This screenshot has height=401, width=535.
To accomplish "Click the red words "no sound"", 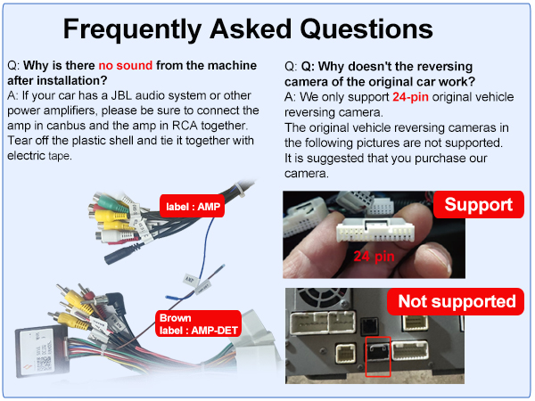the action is (126, 65).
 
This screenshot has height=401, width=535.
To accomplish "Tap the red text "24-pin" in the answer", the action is (410, 97).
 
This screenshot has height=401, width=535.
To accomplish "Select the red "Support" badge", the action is (478, 205).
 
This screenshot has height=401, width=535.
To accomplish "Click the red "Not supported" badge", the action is (457, 301).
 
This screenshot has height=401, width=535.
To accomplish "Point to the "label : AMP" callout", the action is (193, 207).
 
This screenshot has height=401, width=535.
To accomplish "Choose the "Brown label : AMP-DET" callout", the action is (198, 324).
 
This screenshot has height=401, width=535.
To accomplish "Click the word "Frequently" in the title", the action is (132, 30).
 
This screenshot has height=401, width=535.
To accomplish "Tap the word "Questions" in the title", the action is (366, 29).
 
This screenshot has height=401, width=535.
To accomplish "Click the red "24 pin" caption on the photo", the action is (374, 257).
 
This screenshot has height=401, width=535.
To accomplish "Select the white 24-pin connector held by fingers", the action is (375, 231).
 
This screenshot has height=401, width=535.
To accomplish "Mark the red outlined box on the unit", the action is (378, 356).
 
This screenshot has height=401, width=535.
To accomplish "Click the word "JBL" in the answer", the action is (121, 95).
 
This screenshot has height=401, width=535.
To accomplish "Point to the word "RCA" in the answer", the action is (185, 126).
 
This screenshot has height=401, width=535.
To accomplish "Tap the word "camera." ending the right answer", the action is (307, 174).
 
